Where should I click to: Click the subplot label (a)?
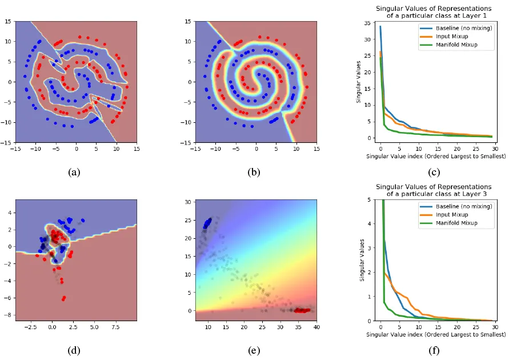click(75, 171)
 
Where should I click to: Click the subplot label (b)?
click(255, 171)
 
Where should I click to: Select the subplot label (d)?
click(75, 351)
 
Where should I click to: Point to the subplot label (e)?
click(255, 351)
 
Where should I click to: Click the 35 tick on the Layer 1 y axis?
click(369, 22)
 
